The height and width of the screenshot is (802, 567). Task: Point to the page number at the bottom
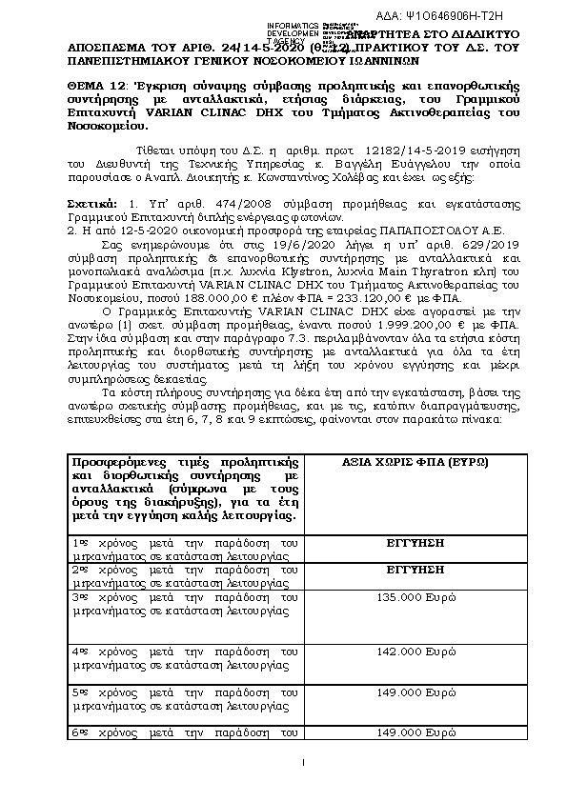click(x=302, y=762)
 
